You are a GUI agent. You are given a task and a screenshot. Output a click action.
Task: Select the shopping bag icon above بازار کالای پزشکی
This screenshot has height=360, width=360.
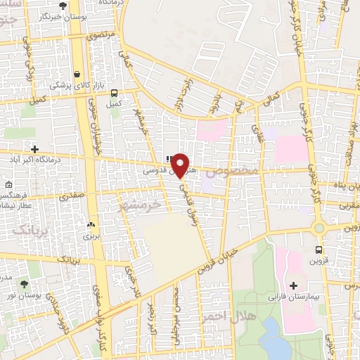pos(76,74)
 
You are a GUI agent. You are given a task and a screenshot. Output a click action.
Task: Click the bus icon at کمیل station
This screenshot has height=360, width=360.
pos(114,92)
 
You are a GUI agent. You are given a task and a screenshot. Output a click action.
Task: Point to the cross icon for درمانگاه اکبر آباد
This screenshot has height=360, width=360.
pos(34,148)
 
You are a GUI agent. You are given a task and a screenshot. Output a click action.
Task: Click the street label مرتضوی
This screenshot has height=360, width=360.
pos(101,34)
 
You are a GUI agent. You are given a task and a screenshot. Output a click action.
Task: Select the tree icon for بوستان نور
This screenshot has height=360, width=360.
pos(25,284)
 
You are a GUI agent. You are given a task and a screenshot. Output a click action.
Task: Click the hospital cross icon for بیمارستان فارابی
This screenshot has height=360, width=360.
pos(293,285)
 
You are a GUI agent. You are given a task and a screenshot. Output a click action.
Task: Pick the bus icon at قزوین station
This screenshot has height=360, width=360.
pos(319,250)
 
